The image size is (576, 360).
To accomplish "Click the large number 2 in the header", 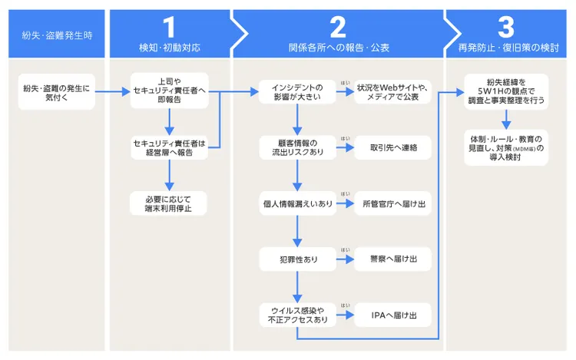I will click(x=338, y=27).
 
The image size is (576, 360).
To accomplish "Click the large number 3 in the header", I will click(x=505, y=27).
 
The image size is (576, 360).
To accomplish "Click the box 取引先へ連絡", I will click(x=392, y=147).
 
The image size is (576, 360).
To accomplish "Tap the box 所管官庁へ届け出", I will click(x=392, y=203).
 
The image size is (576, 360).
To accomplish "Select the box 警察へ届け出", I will click(x=392, y=259).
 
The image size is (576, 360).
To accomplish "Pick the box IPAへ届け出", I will click(x=392, y=315).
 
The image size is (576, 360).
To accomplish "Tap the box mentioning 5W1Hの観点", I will click(x=505, y=92).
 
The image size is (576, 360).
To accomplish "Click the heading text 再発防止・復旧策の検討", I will click(x=505, y=48).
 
